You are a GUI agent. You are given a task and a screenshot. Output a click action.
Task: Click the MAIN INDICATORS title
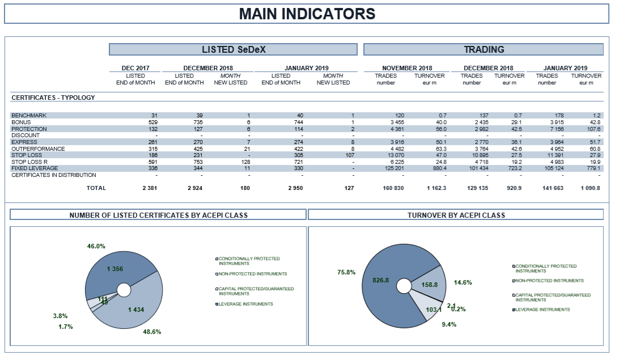(x=307, y=14)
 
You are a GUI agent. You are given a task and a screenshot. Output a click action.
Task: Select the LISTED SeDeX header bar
(x=234, y=49)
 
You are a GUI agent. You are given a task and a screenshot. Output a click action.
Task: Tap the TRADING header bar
(x=484, y=49)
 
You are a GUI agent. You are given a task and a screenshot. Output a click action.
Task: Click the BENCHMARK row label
(x=29, y=116)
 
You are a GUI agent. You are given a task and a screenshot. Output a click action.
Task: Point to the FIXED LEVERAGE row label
(x=35, y=168)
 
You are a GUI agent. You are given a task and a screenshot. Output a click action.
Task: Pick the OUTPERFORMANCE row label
(x=38, y=149)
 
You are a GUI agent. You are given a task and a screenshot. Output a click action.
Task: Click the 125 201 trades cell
(x=395, y=168)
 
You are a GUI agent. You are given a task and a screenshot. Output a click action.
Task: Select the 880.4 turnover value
(x=439, y=168)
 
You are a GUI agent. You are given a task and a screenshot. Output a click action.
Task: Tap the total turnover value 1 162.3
(x=437, y=188)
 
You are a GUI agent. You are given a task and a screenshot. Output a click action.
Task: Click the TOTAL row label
(x=96, y=188)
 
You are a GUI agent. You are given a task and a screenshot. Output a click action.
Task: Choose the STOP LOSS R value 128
(x=245, y=162)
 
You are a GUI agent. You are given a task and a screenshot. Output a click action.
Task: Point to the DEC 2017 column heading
(x=136, y=68)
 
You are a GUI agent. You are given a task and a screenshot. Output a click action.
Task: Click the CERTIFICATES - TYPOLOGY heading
(x=53, y=98)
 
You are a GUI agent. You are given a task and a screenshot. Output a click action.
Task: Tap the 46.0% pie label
(x=96, y=246)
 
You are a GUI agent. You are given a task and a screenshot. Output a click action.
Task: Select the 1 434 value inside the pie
(x=136, y=310)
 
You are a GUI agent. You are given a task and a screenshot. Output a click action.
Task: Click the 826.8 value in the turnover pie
(x=381, y=281)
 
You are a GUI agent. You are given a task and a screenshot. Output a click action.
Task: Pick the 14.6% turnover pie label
(x=463, y=282)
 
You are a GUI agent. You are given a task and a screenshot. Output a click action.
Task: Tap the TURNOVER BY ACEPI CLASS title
(x=456, y=215)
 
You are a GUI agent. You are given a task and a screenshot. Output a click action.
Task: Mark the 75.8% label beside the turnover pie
(x=346, y=272)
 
